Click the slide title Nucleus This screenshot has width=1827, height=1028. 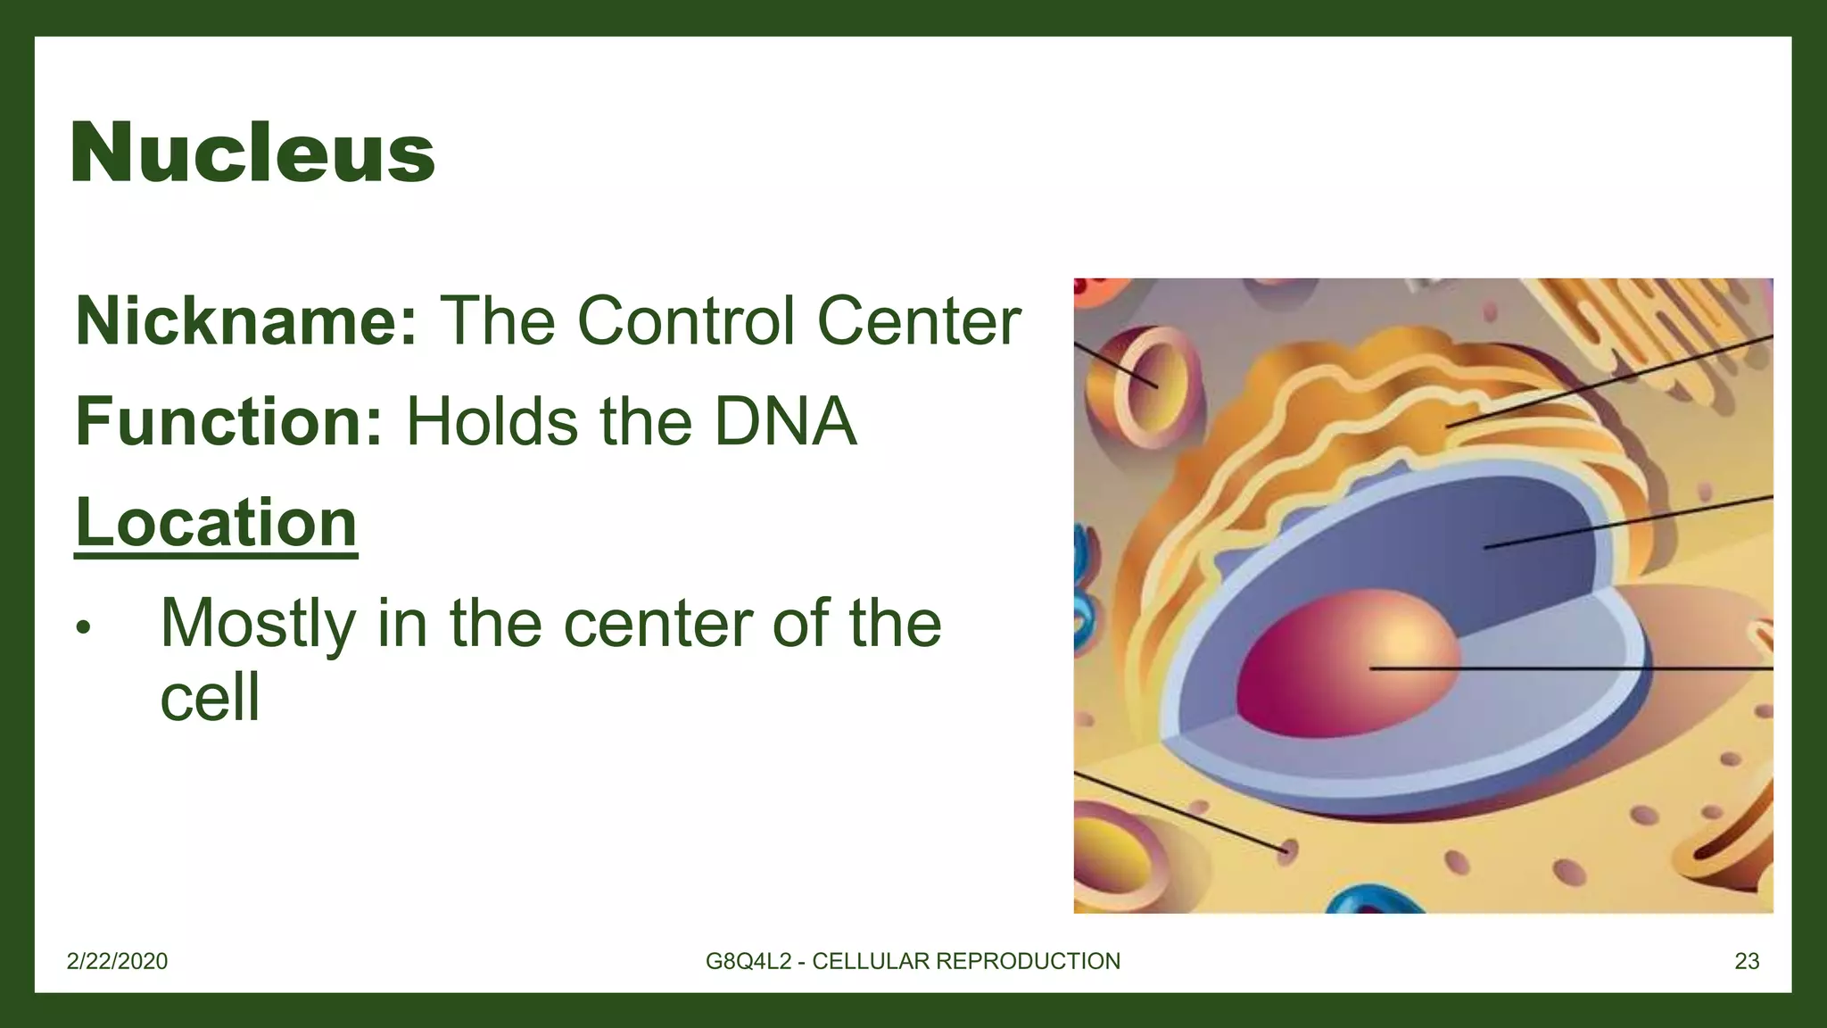(x=252, y=153)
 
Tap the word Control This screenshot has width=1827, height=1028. (x=685, y=320)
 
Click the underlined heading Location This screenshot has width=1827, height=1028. (x=216, y=523)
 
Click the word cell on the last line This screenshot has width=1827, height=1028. (x=210, y=697)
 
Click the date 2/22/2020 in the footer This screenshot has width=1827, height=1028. (x=117, y=961)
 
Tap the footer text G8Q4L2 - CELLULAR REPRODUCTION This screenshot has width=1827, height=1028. (x=913, y=961)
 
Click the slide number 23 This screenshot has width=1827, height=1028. (x=1747, y=961)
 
